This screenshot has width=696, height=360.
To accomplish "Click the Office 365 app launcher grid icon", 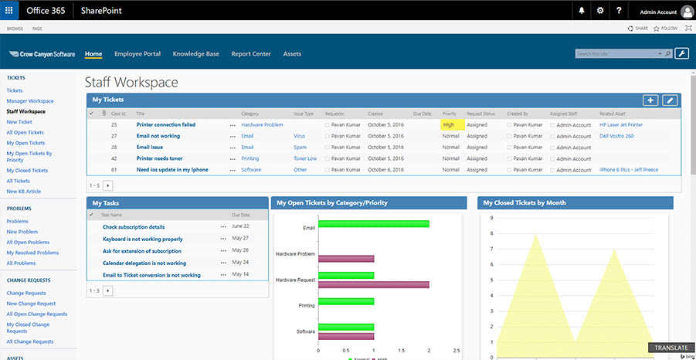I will (x=9, y=11).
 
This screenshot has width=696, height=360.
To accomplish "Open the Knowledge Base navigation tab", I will (x=195, y=54).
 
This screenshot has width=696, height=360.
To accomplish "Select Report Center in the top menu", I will (x=251, y=54).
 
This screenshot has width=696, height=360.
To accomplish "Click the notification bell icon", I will (x=582, y=11).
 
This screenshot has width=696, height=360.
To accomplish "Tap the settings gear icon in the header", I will (x=600, y=11).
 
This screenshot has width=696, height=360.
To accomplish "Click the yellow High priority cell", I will (x=452, y=124).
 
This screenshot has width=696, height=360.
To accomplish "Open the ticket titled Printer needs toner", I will (x=159, y=158).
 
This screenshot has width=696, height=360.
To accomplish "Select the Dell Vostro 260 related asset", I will (x=616, y=136).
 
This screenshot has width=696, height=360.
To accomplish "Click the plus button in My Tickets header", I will (x=650, y=100).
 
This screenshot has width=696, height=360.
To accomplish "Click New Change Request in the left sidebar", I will (x=30, y=304).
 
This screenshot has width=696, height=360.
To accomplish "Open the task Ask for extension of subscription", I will (x=142, y=251).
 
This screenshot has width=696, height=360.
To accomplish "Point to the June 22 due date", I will (x=240, y=227).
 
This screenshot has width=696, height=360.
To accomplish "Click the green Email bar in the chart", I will (x=373, y=224).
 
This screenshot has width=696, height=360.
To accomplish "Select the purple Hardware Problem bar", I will (x=346, y=258).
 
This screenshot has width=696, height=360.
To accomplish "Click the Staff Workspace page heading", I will (x=131, y=82).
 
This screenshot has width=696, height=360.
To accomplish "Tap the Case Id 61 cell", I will (x=114, y=170).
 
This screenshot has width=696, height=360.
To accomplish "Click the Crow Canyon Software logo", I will (x=42, y=54).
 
